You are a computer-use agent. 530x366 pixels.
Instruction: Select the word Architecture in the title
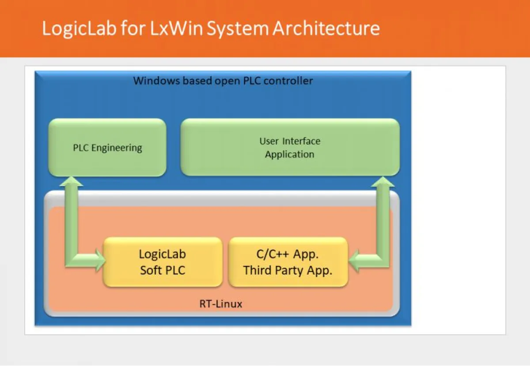[326, 29]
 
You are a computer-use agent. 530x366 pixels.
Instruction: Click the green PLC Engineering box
[107, 148]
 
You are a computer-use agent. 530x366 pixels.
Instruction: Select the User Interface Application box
[290, 147]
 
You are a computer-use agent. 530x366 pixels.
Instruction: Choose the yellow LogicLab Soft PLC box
[162, 262]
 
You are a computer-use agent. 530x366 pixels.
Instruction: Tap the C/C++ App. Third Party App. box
[288, 262]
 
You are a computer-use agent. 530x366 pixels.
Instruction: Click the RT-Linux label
[221, 304]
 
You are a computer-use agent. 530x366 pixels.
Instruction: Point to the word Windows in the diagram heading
[156, 81]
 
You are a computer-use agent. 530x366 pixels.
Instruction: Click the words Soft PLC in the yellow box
[162, 270]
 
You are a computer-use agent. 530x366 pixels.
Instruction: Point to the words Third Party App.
[288, 270]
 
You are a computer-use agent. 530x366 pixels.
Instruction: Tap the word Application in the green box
[290, 154]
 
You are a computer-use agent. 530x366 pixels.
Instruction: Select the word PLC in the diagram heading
[253, 81]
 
